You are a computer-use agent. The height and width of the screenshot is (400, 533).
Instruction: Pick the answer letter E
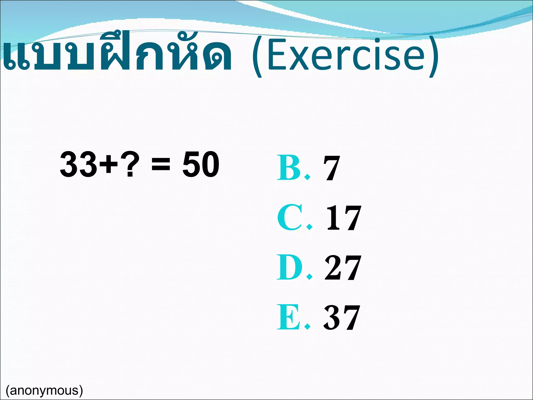point(288,317)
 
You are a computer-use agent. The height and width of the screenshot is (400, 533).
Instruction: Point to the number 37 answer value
point(342,317)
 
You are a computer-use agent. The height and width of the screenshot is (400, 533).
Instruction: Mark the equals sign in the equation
point(161,165)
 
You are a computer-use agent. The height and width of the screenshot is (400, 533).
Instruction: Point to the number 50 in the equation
point(201,164)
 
